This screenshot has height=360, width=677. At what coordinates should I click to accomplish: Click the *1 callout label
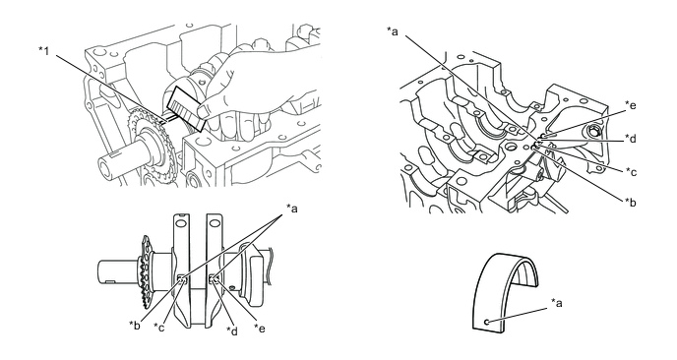coord(44,51)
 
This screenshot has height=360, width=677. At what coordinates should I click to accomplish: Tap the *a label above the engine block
coord(393,31)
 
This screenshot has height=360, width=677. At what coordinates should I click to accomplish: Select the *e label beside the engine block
coord(631,105)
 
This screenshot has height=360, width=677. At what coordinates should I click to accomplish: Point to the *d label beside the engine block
coord(631,138)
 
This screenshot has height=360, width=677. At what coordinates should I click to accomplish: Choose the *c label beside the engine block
coord(631,171)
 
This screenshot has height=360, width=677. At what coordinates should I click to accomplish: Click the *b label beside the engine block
coord(631,202)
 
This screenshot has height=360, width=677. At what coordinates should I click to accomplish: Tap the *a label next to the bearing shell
coord(557,303)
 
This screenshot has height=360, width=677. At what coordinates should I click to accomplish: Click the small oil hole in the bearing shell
coord(486,322)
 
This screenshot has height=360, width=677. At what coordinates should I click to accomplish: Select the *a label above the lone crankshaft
coord(292,209)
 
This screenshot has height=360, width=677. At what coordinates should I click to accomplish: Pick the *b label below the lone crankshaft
coord(135,325)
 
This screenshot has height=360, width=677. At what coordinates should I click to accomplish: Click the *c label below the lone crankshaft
coord(159,328)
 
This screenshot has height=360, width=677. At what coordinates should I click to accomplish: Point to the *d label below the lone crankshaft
coord(232,330)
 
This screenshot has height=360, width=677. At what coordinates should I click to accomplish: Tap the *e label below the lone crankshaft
coord(260,329)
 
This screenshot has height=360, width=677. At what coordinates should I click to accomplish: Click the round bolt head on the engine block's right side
coord(594,130)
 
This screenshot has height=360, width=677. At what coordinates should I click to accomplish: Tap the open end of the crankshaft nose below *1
coord(105,166)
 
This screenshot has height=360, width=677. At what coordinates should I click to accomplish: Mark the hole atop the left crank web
coord(182,223)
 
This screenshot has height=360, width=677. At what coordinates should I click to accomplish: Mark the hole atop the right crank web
coord(215,223)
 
